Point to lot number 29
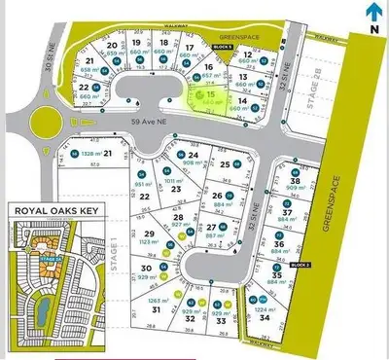pyautogui.click(x=149, y=234)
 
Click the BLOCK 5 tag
pyautogui.click(x=224, y=47)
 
